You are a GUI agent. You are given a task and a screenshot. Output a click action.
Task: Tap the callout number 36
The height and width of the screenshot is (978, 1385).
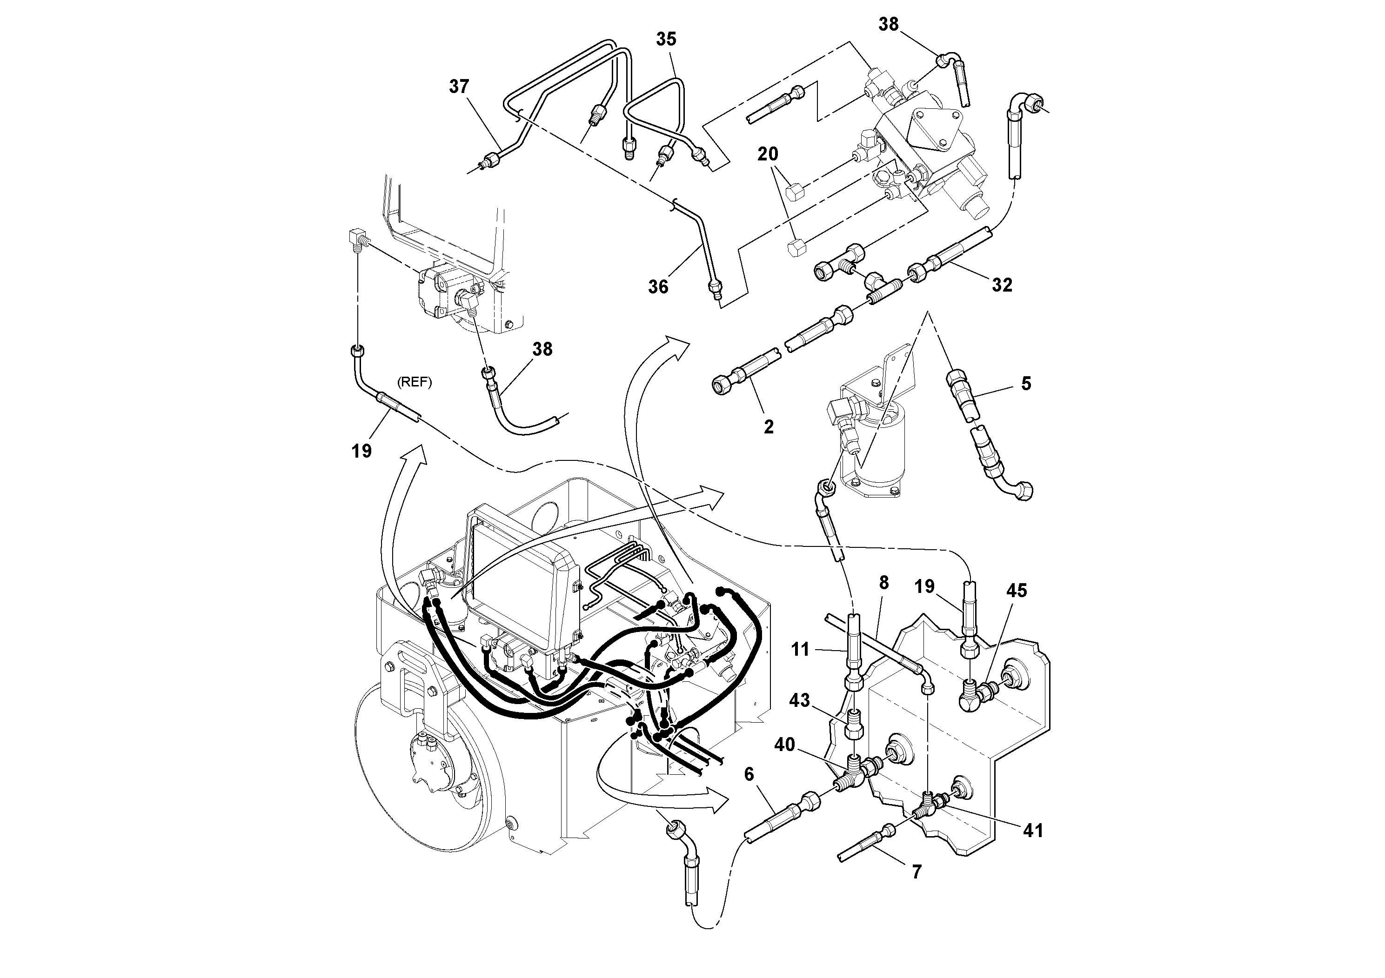[658, 287]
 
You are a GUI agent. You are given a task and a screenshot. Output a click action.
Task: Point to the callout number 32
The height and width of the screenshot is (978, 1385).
[1002, 285]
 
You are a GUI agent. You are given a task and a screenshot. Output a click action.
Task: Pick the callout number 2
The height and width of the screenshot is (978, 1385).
[769, 427]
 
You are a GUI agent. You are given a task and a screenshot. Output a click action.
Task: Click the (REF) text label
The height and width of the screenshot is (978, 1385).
[415, 383]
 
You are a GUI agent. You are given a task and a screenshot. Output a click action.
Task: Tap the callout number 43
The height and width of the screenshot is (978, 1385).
[799, 701]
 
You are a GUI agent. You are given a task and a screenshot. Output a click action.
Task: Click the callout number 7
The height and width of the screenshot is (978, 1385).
[917, 872]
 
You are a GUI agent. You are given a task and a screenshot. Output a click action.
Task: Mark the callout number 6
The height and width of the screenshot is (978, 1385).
[749, 774]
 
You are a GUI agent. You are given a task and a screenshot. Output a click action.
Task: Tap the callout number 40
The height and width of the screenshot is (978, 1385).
[785, 745]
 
